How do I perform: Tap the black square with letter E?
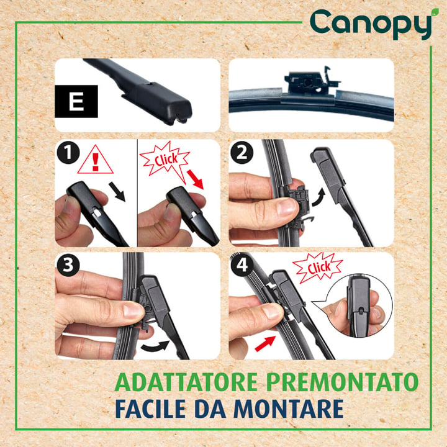(76, 101)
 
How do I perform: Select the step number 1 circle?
(68, 153)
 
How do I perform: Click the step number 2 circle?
(242, 153)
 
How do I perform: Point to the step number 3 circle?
(68, 265)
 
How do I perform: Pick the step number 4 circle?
(242, 265)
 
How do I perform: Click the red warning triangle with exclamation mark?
(95, 160)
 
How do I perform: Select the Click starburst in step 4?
(318, 268)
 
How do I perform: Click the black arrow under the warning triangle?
(117, 192)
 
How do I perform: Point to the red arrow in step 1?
(196, 179)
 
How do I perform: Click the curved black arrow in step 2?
(319, 197)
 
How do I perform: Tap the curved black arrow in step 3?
(156, 346)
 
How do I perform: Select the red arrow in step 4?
(266, 343)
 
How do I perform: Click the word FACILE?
(150, 409)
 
